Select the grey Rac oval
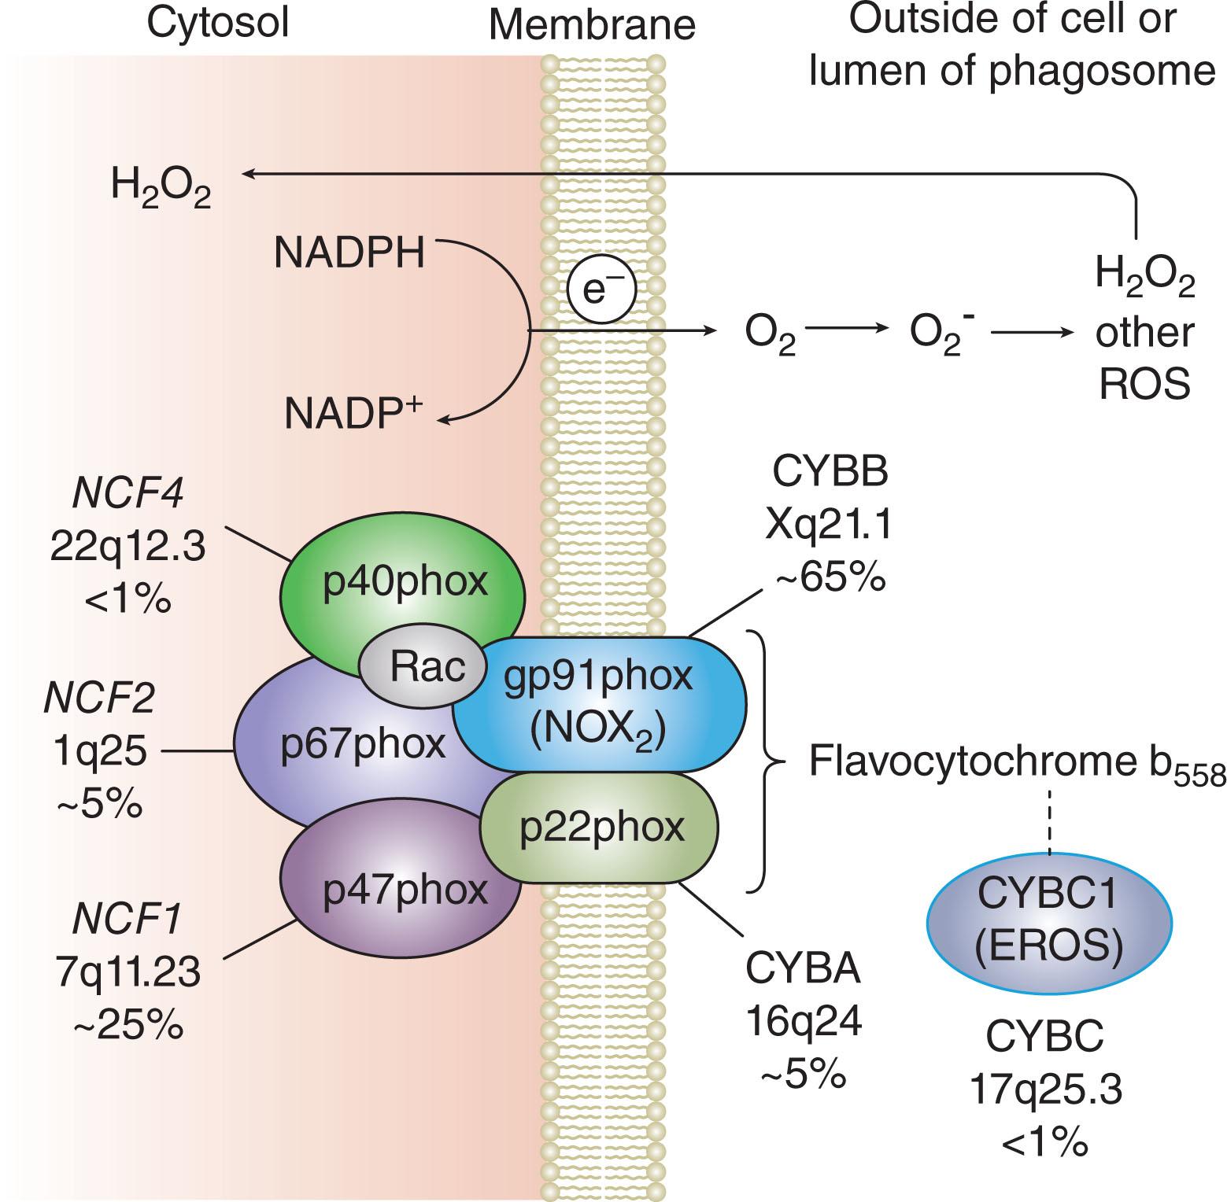pyautogui.click(x=425, y=668)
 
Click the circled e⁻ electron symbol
pyautogui.click(x=601, y=290)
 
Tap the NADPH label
pyautogui.click(x=349, y=254)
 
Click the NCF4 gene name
pyautogui.click(x=128, y=494)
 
